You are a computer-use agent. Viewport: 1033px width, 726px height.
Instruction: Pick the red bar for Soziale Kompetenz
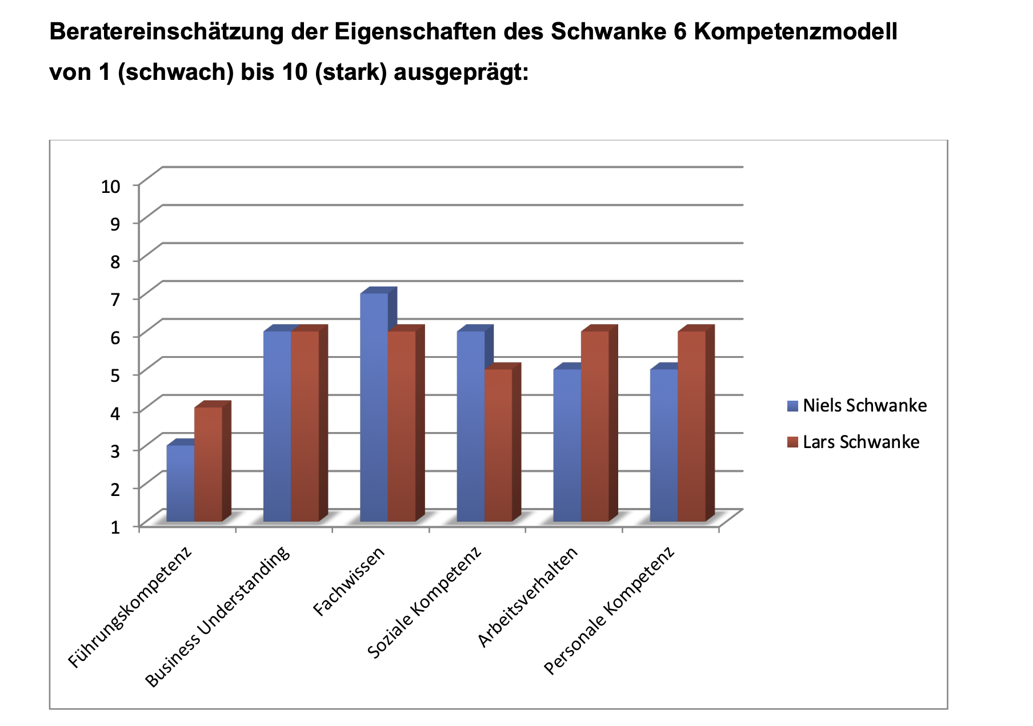click(x=498, y=445)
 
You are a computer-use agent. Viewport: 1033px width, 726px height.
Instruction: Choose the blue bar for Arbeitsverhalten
click(x=567, y=445)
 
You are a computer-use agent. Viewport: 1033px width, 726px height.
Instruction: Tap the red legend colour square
click(x=792, y=442)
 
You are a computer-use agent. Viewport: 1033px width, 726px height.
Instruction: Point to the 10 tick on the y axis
click(x=111, y=186)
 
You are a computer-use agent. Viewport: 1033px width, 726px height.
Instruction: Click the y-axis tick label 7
click(x=115, y=299)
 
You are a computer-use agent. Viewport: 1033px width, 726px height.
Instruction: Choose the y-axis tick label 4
click(x=115, y=413)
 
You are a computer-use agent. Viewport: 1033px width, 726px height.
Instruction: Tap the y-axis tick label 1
click(x=115, y=526)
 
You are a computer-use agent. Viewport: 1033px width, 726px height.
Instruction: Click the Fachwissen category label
click(x=350, y=582)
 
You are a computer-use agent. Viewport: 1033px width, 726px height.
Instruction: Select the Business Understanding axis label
click(x=218, y=618)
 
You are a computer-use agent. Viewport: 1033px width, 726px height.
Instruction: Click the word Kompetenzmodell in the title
click(x=795, y=32)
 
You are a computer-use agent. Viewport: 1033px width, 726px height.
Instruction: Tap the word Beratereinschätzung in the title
click(x=166, y=32)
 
